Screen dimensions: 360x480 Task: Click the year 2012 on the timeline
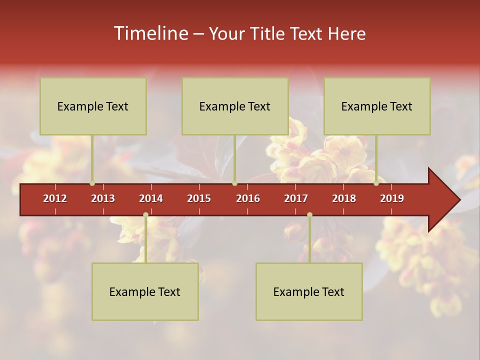click(x=55, y=198)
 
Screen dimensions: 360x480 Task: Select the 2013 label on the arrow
click(x=103, y=198)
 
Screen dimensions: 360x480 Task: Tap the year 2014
click(x=151, y=198)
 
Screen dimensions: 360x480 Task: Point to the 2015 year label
click(x=199, y=198)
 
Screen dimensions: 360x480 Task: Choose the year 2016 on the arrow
click(x=248, y=198)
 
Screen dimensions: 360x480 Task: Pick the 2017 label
click(x=296, y=198)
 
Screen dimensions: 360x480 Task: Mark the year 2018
click(x=344, y=198)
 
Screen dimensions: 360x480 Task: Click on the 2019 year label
click(x=392, y=198)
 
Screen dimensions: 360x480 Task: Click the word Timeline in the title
click(x=150, y=33)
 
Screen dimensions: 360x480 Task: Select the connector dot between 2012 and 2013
click(x=92, y=183)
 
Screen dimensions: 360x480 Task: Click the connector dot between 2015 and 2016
click(x=234, y=183)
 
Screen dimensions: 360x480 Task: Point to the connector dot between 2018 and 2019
click(x=376, y=183)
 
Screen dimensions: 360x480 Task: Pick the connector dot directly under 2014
click(x=145, y=215)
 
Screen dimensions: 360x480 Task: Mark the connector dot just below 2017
click(x=309, y=215)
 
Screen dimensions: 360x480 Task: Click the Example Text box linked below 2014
click(x=145, y=291)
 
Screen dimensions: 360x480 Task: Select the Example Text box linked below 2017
click(x=309, y=291)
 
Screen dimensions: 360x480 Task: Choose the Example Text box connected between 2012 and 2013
click(x=93, y=106)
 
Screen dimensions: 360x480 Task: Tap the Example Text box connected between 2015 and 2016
click(x=235, y=106)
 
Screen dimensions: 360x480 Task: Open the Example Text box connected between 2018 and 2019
click(x=377, y=106)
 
